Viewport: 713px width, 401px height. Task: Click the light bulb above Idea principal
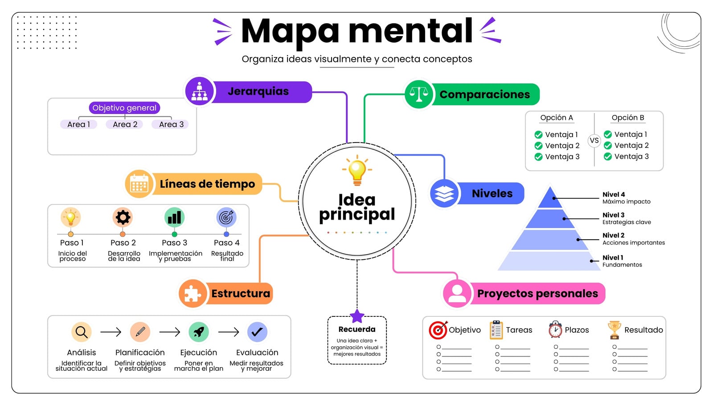pos(357,170)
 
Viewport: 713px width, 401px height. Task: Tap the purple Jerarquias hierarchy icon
pos(200,91)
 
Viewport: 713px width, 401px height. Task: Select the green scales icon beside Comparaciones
pos(419,94)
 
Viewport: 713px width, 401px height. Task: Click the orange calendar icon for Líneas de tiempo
pos(139,184)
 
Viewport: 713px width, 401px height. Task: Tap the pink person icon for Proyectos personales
pos(457,294)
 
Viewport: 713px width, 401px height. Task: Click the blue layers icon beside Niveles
pos(444,193)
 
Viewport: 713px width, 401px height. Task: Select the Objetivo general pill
pos(124,108)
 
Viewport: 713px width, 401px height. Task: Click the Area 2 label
pos(125,124)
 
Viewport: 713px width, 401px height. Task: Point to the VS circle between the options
pos(594,140)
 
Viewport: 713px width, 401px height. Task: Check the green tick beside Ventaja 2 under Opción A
pos(539,146)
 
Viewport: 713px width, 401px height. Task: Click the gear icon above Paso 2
pos(123,217)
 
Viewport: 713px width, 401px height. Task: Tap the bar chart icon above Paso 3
pos(174,217)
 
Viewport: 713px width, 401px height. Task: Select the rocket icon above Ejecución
pos(199,332)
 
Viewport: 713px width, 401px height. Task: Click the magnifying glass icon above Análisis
pos(82,332)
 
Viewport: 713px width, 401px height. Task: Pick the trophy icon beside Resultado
pos(615,330)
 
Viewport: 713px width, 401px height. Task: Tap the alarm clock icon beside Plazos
pos(555,329)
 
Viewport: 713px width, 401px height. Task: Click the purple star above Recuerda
pos(357,316)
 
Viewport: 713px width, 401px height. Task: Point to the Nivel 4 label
pos(614,194)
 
